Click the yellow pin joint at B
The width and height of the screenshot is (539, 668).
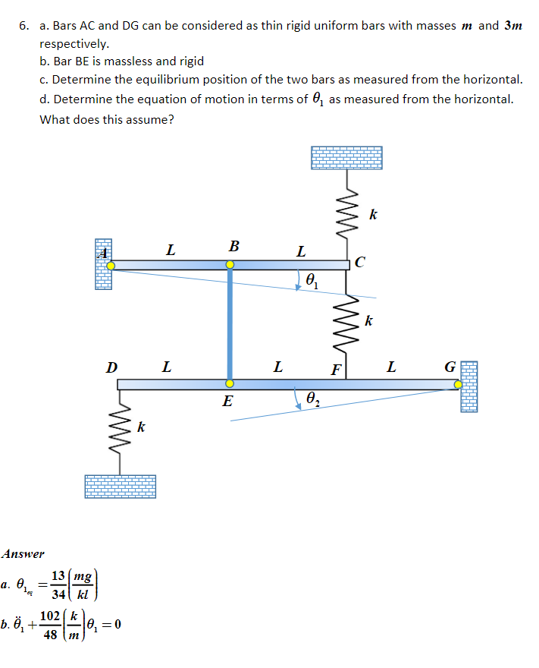[230, 265]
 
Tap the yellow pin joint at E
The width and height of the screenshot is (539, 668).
[230, 383]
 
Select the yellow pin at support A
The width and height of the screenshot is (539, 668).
[111, 265]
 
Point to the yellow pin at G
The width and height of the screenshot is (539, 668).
[459, 384]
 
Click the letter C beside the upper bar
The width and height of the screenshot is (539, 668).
[359, 263]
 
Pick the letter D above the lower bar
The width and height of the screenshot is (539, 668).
[111, 368]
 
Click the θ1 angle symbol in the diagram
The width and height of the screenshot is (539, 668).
[312, 280]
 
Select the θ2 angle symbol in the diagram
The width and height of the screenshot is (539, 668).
[313, 399]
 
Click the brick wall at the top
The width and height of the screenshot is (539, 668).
[346, 157]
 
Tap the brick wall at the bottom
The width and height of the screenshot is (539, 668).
[120, 486]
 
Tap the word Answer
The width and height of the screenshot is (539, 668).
[23, 554]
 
